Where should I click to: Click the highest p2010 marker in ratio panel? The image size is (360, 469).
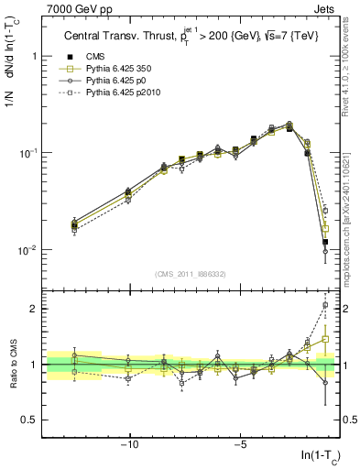325,305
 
